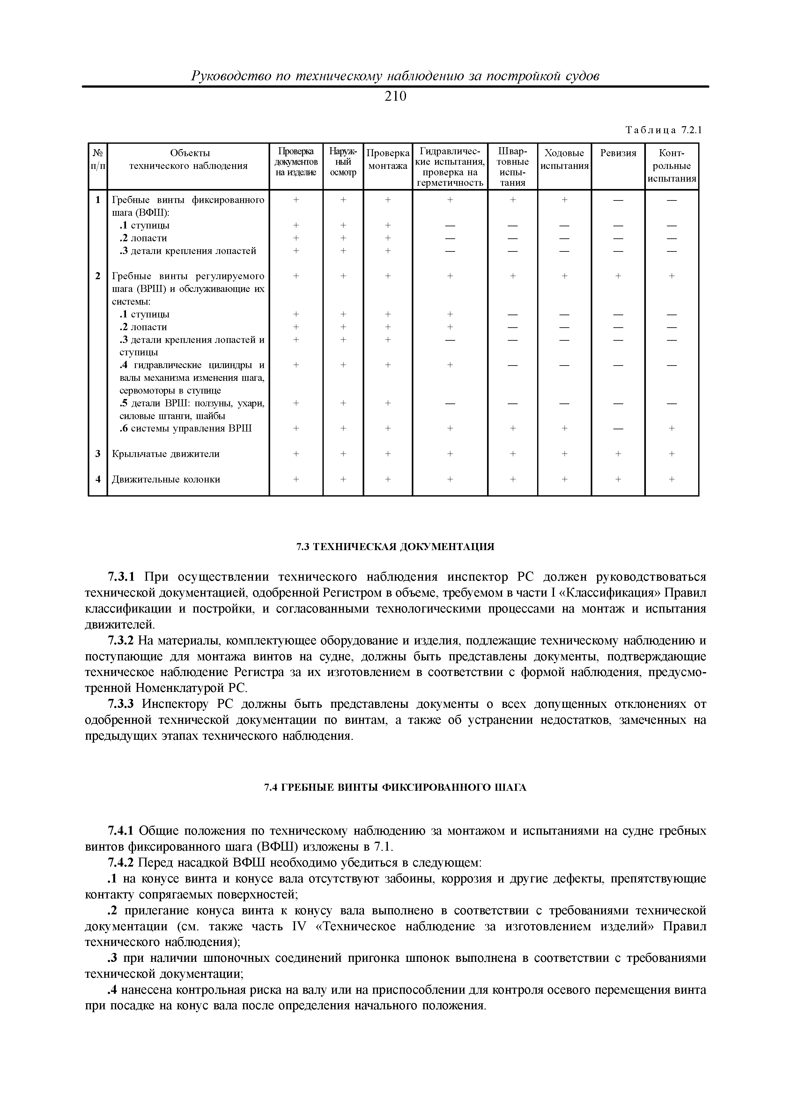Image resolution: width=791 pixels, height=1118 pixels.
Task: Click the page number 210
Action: coord(395,97)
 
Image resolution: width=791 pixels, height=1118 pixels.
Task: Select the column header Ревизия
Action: coord(618,153)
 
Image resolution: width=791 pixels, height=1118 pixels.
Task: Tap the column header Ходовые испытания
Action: coord(564,160)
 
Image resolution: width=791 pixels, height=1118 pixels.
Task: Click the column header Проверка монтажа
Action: coord(388,160)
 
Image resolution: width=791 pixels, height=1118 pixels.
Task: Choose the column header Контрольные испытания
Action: coord(672,165)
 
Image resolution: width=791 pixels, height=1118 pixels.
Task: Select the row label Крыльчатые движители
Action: coord(166,454)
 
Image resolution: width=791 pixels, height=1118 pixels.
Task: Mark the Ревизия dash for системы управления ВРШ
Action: coord(618,429)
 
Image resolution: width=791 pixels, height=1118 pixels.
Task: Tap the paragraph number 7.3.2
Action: coord(120,640)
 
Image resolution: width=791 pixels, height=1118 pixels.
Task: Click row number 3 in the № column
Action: coord(98,454)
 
